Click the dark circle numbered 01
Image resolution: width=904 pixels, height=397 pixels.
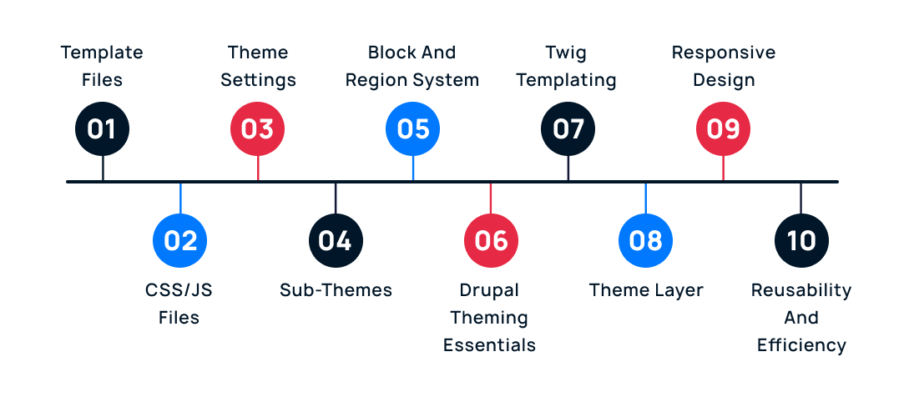[x=102, y=129]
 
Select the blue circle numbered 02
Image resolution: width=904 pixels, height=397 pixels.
[x=179, y=240]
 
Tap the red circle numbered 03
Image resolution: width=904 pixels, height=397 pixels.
[x=257, y=129]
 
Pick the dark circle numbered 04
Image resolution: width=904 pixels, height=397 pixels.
[x=335, y=240]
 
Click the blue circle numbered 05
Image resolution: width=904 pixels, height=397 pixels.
[x=412, y=129]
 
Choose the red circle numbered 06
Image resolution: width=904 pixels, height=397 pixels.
[x=491, y=240]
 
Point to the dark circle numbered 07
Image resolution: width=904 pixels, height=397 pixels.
[x=568, y=129]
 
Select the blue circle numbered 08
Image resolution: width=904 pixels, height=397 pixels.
[x=645, y=240]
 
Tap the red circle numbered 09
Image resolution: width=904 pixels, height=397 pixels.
[x=723, y=129]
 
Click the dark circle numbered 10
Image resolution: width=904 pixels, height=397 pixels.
[x=801, y=240]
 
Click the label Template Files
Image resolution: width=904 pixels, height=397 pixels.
[x=102, y=67]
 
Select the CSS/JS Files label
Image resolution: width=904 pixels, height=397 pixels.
[x=179, y=304]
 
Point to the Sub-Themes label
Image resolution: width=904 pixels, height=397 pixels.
[x=336, y=290]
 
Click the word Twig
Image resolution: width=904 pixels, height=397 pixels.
[x=566, y=53]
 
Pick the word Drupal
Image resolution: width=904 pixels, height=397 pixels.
[x=489, y=290]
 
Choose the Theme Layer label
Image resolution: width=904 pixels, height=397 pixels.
[x=646, y=290]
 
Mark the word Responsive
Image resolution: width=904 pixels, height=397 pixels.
[x=724, y=53]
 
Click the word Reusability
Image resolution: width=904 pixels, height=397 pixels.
[x=801, y=290]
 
